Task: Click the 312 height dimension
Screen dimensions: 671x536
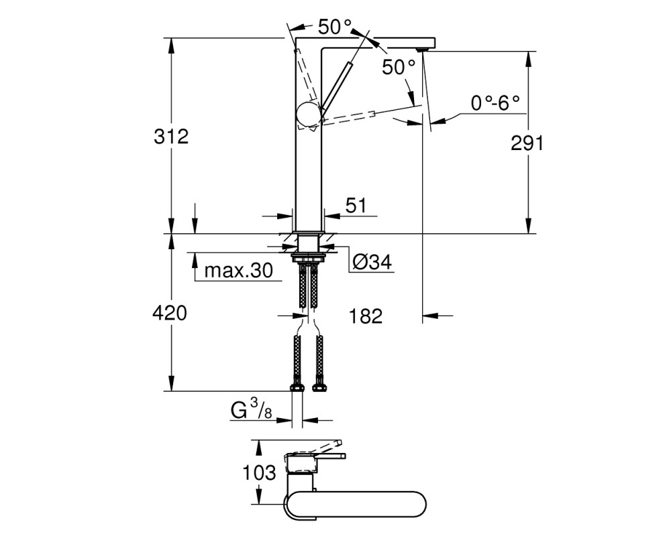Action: [x=171, y=137]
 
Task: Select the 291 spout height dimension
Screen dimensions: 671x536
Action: [x=527, y=143]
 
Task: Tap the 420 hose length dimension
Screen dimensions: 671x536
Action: [x=170, y=314]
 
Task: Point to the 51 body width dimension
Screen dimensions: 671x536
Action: [x=356, y=206]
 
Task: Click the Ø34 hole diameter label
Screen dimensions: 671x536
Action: [x=372, y=261]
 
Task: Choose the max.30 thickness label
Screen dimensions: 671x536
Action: [x=238, y=270]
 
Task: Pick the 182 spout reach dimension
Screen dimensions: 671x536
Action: [x=366, y=316]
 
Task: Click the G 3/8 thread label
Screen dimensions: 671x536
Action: [x=251, y=409]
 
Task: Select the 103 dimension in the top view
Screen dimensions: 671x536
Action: [x=259, y=473]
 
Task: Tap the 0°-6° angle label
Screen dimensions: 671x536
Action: [x=495, y=103]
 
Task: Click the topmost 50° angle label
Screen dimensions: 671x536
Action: [x=335, y=27]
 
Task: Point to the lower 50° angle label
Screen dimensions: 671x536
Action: [x=399, y=67]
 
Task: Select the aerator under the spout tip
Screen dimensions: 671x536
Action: [x=422, y=50]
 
